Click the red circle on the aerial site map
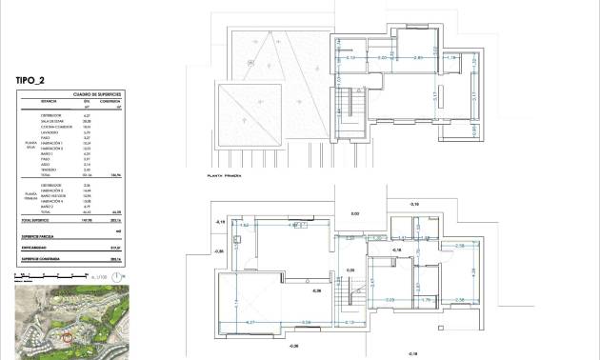67,336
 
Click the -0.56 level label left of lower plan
218,251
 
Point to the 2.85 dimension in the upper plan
417,58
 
